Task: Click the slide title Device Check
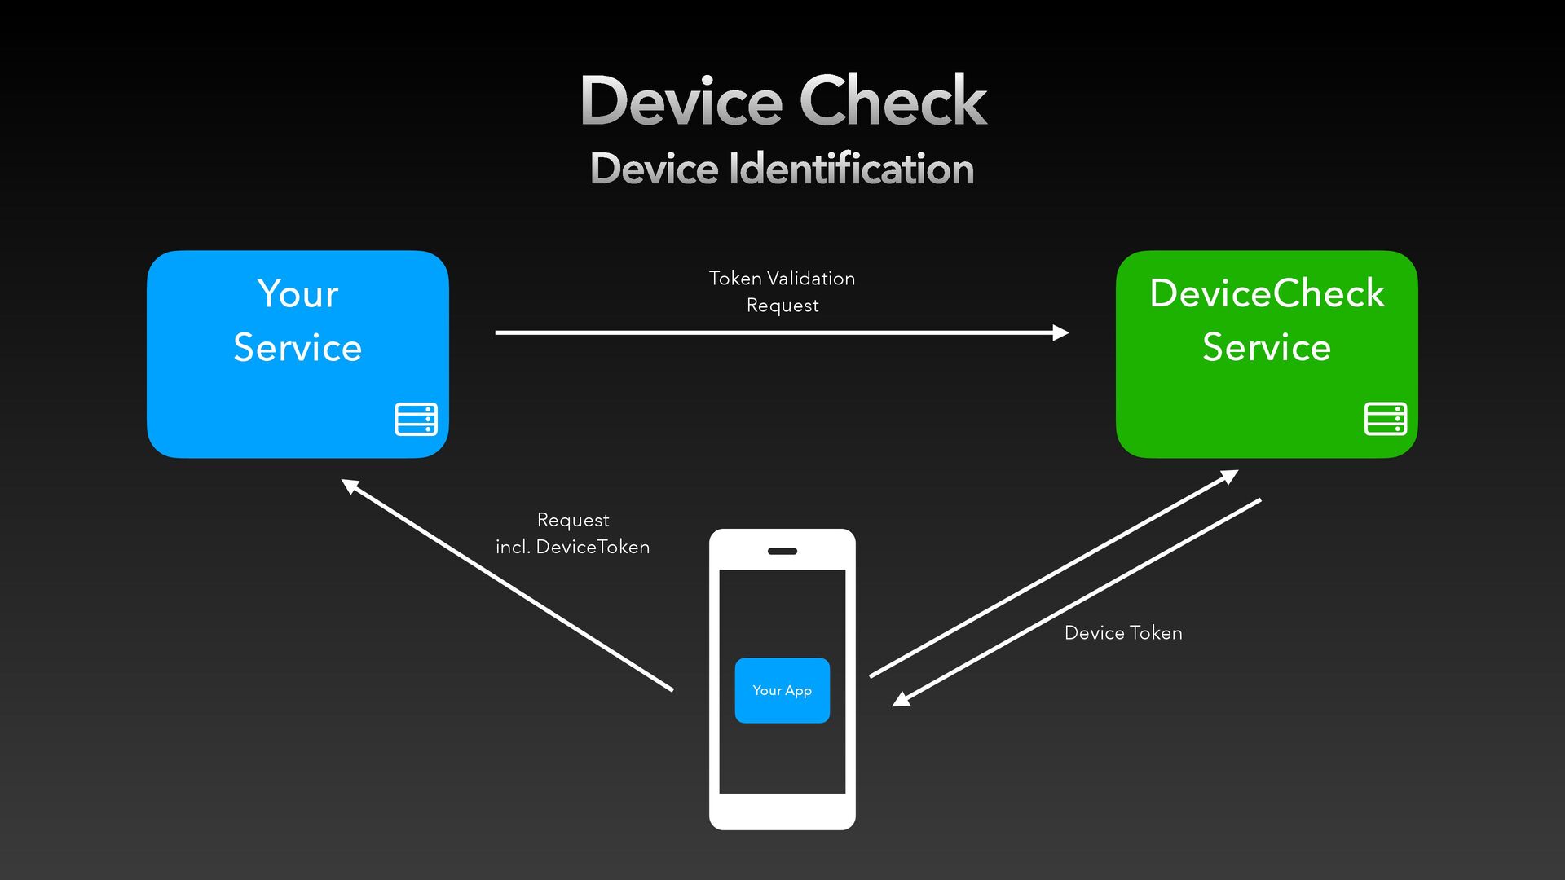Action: [x=783, y=100]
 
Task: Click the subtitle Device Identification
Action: [x=782, y=169]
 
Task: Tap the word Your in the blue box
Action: [x=298, y=293]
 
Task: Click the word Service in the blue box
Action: [x=298, y=348]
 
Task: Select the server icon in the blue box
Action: [x=417, y=419]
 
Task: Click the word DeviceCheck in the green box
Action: [x=1267, y=293]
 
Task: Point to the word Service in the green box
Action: [x=1267, y=348]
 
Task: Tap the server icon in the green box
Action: [x=1386, y=419]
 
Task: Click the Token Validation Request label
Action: [x=782, y=292]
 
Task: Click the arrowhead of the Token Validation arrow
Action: [x=1060, y=332]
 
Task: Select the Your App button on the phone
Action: [x=782, y=690]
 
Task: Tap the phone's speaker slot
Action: [x=782, y=552]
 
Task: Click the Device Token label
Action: [x=1123, y=633]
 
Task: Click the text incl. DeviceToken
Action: [x=573, y=547]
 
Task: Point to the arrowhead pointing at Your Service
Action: [x=349, y=486]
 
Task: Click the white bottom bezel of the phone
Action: [x=782, y=812]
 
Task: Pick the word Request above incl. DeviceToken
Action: [x=573, y=521]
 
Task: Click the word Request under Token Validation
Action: [x=782, y=306]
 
